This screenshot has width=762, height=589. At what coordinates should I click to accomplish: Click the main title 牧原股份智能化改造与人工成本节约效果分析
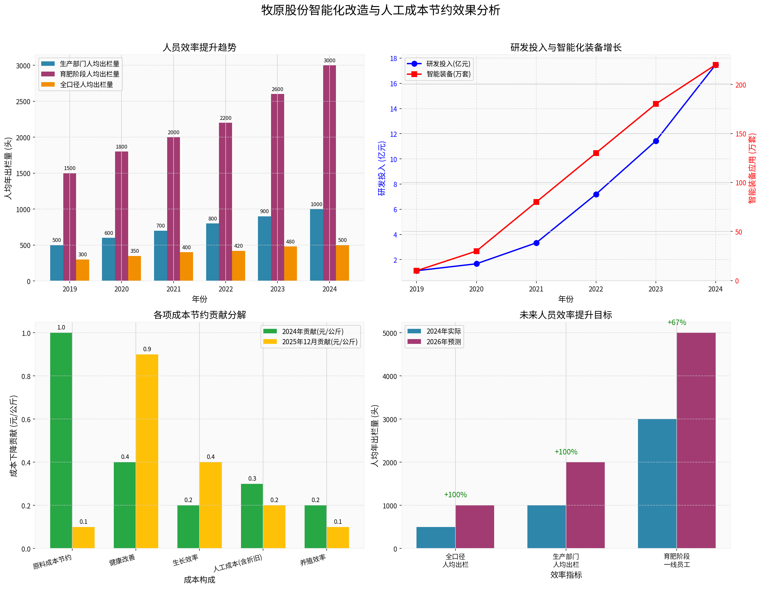point(381,10)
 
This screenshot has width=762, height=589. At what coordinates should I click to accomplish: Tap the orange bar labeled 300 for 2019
point(83,270)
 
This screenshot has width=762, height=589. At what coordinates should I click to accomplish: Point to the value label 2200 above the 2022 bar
point(225,118)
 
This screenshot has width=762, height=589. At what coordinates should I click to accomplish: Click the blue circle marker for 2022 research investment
point(596,194)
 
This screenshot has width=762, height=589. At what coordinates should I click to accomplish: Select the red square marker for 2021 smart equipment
point(536,202)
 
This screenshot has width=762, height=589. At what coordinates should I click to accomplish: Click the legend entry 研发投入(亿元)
point(448,64)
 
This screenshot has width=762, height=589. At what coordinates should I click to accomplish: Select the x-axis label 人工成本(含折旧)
point(238,562)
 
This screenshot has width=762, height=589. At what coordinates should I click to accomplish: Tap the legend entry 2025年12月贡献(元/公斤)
point(319,342)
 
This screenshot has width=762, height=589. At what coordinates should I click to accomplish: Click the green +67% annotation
point(677,322)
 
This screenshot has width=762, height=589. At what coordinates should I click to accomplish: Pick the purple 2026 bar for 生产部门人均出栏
point(585,505)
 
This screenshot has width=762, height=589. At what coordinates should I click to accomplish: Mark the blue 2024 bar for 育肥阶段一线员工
point(657,483)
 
